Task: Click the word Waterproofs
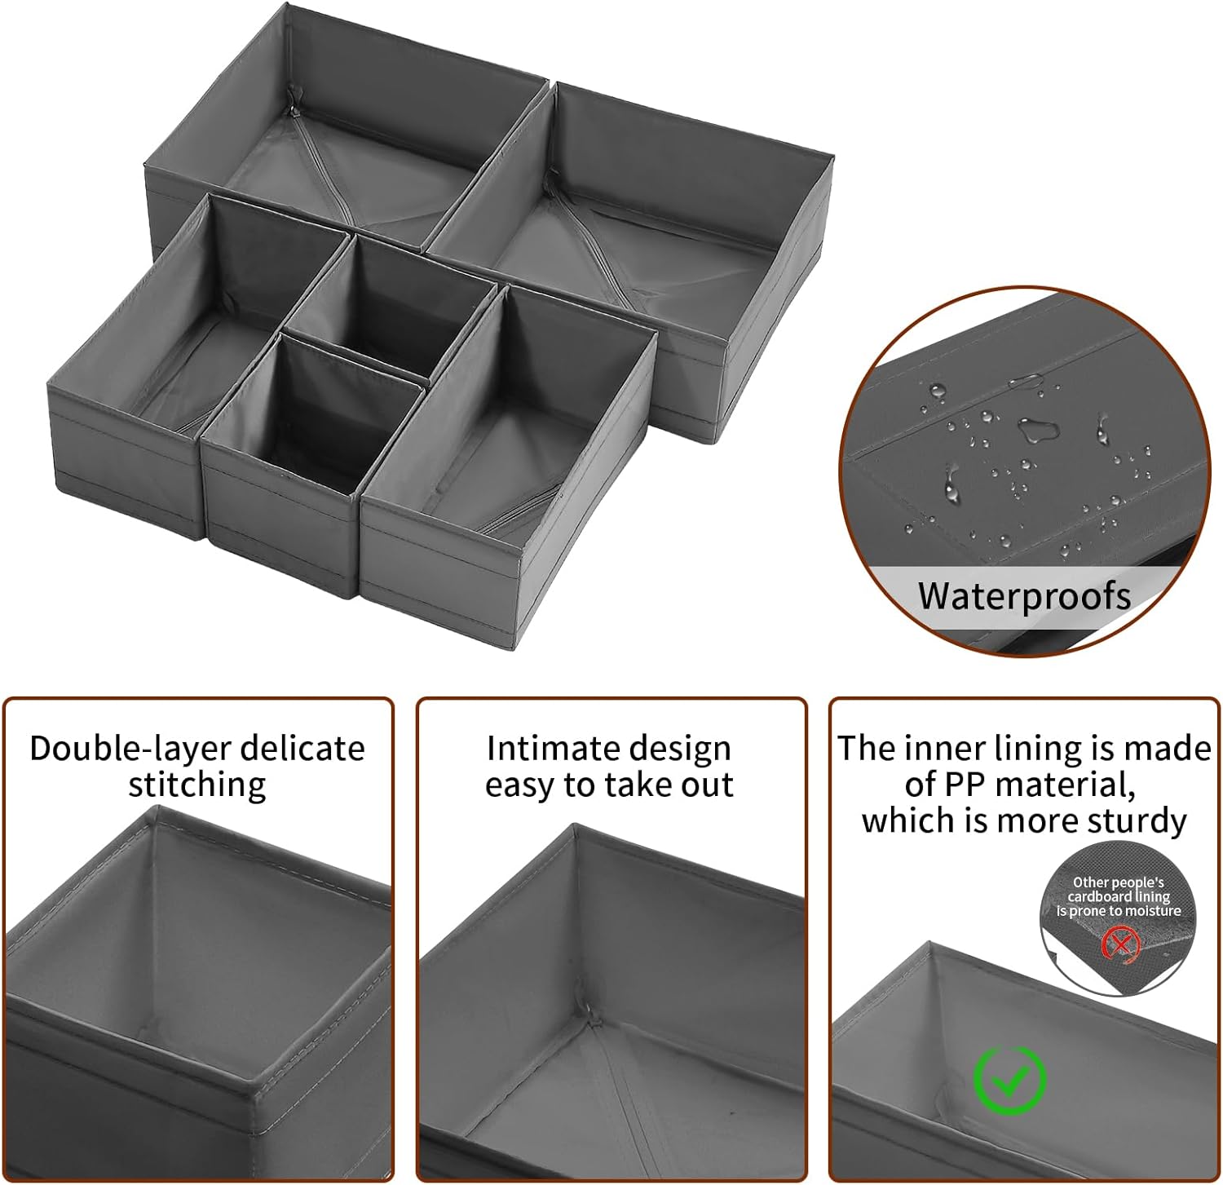tap(1024, 596)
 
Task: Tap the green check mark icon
tap(1010, 1081)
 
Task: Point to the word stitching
tap(197, 785)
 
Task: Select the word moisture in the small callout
tap(1152, 911)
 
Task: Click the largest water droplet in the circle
tap(1035, 429)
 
